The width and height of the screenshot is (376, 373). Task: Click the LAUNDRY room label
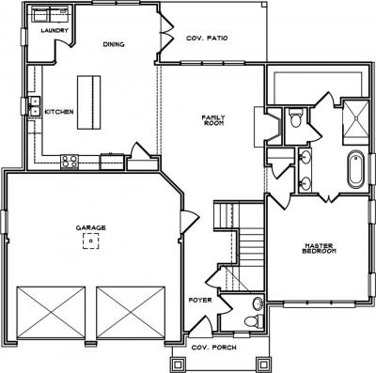pyautogui.click(x=55, y=30)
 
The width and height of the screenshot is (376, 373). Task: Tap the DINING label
pyautogui.click(x=114, y=44)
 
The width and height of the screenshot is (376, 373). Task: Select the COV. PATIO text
pyautogui.click(x=207, y=39)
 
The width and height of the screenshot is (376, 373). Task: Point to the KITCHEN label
pyautogui.click(x=59, y=112)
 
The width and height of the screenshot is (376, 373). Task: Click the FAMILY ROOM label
pyautogui.click(x=213, y=120)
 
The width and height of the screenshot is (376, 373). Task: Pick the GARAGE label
pyautogui.click(x=90, y=228)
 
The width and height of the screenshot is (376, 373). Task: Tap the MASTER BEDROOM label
pyautogui.click(x=319, y=248)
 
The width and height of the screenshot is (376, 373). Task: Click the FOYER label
pyautogui.click(x=200, y=300)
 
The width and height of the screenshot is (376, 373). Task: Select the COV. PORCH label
pyautogui.click(x=214, y=348)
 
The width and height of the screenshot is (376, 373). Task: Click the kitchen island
pyautogui.click(x=89, y=102)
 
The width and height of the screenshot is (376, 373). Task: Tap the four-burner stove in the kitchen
pyautogui.click(x=70, y=162)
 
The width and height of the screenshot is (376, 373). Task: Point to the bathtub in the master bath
pyautogui.click(x=356, y=169)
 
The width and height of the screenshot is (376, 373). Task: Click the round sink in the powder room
pyautogui.click(x=258, y=303)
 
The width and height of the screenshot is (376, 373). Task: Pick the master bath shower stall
pyautogui.click(x=355, y=122)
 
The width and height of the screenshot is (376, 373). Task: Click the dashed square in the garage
pyautogui.click(x=91, y=241)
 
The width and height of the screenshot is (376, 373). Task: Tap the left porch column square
pyautogui.click(x=178, y=365)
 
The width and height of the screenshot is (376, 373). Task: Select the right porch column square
pyautogui.click(x=263, y=365)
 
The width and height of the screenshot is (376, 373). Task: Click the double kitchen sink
pyautogui.click(x=35, y=106)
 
